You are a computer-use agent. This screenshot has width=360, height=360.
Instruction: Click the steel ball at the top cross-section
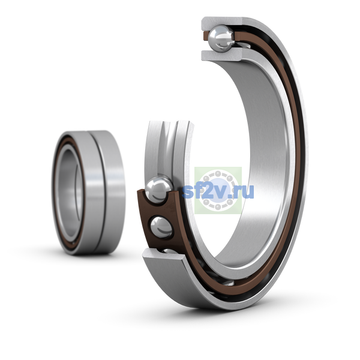pos(222,38)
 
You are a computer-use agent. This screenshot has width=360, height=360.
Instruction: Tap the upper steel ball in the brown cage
pos(158,190)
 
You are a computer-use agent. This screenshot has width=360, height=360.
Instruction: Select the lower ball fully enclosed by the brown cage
pos(161,227)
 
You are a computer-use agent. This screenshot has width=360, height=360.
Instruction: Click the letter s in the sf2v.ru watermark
pos(188,193)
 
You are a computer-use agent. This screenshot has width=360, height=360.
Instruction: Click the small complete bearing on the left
pos(88,192)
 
